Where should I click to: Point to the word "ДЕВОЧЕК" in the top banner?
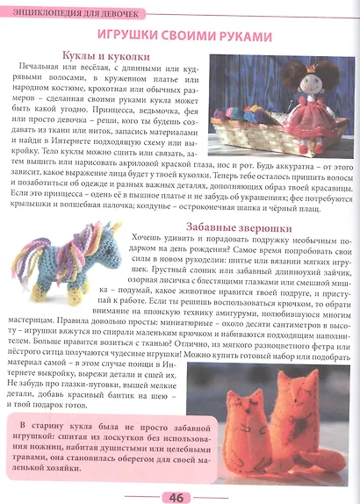(x=108, y=8)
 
